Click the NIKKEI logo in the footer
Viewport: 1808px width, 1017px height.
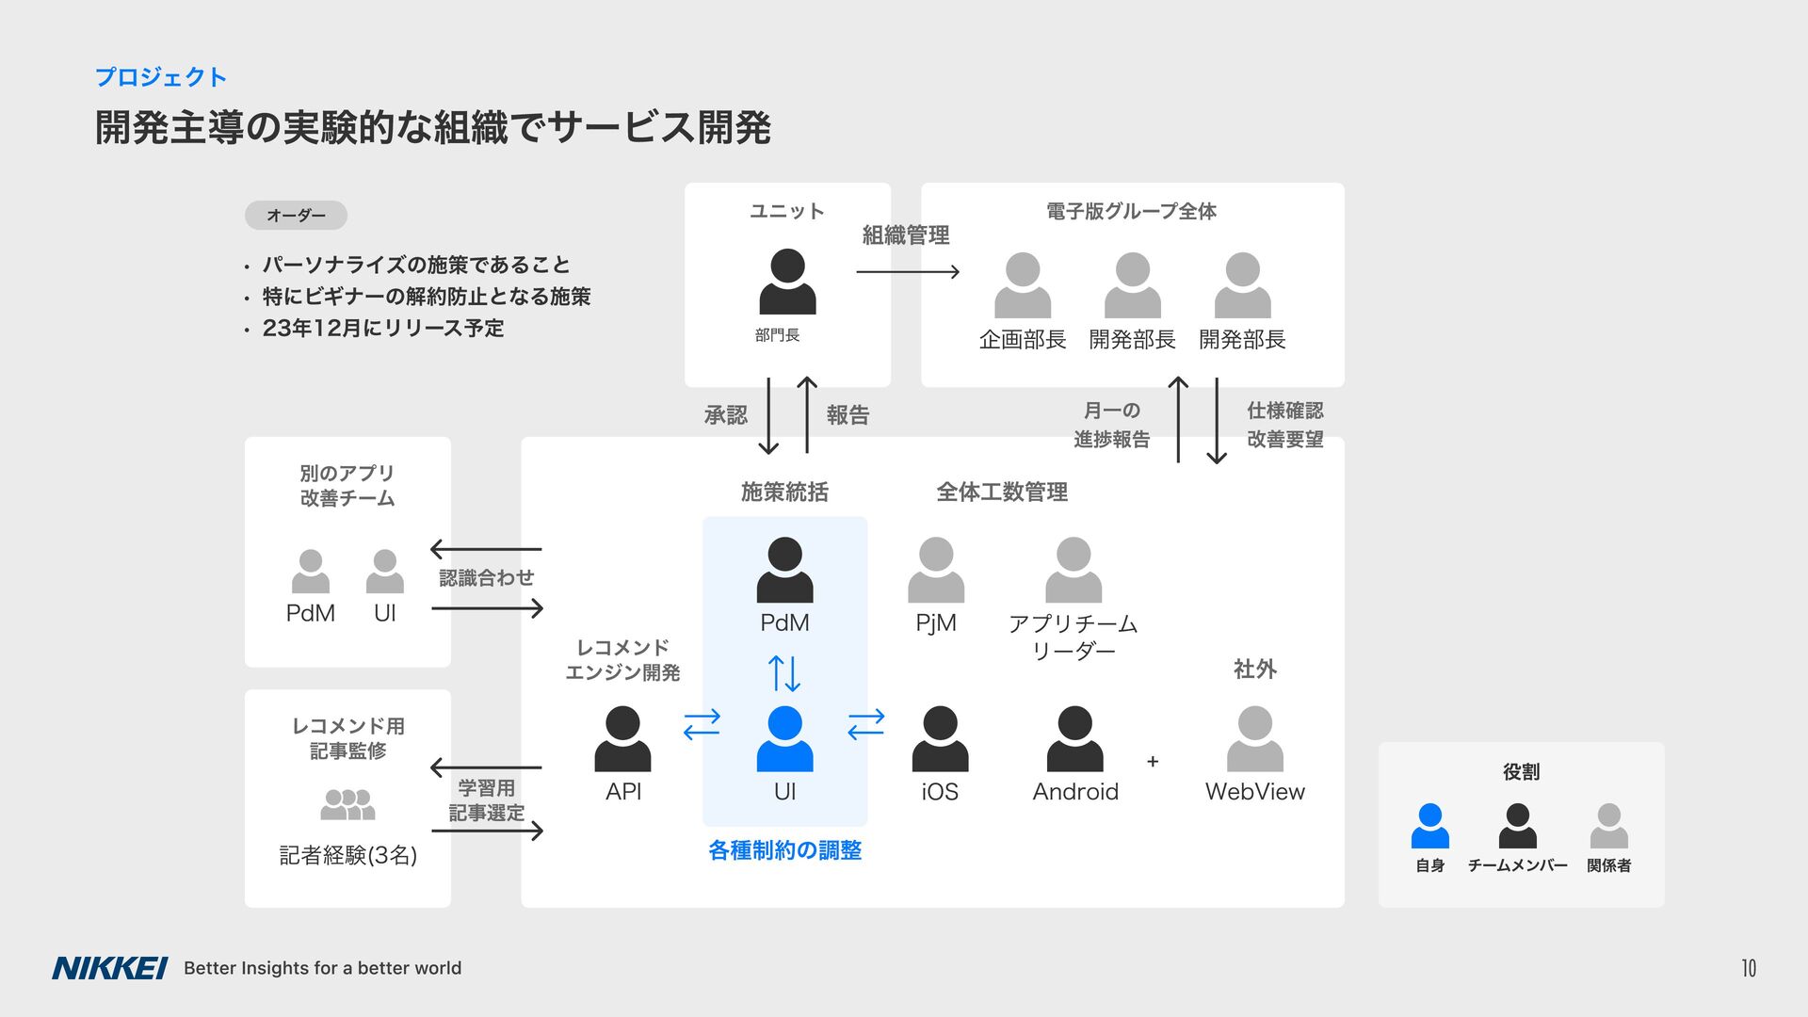[109, 968]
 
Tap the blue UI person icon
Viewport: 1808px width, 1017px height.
[784, 739]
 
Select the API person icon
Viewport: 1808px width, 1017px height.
[622, 739]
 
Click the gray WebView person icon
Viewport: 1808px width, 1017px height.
[1254, 739]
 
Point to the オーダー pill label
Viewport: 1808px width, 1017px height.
[296, 216]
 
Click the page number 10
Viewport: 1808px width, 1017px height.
[1748, 968]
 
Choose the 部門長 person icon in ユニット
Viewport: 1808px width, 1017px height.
[787, 282]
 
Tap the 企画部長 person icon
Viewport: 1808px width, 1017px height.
[1022, 285]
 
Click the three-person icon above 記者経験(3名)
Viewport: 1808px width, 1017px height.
[347, 805]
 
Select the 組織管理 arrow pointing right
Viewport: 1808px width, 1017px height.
[908, 272]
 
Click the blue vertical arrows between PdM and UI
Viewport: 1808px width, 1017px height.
[784, 673]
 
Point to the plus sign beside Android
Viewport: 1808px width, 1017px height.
[1153, 761]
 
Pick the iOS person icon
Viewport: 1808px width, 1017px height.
[940, 739]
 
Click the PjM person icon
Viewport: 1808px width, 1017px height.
[935, 570]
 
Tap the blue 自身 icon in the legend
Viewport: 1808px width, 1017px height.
[1429, 826]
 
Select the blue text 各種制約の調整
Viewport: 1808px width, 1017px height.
[784, 850]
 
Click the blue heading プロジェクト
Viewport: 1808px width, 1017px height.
[161, 77]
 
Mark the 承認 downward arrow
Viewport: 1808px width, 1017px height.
[768, 415]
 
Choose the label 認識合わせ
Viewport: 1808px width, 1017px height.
[486, 578]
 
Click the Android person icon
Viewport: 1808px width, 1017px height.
[1074, 739]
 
